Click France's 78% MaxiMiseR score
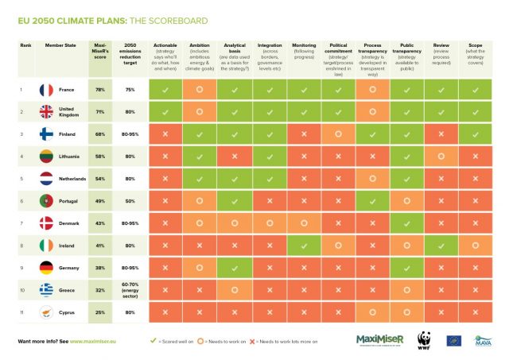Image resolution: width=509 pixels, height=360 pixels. [101, 91]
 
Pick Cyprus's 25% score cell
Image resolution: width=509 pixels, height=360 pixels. [101, 313]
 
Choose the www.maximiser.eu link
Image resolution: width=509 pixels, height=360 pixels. [98, 341]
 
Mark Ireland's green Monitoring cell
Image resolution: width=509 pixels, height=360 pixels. [304, 246]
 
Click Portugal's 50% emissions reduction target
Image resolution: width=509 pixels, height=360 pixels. [129, 202]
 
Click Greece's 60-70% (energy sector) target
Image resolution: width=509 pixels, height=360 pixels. [129, 291]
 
